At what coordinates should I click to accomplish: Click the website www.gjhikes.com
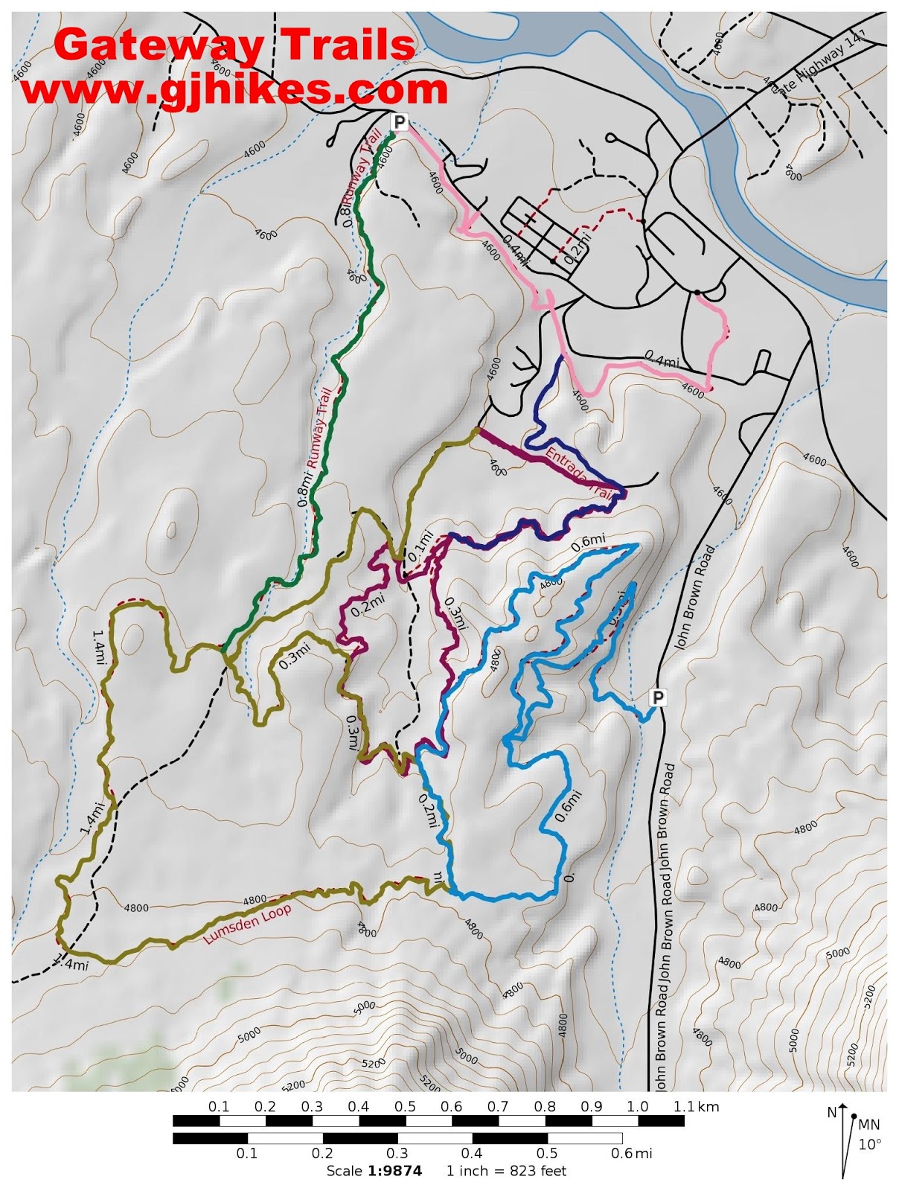(234, 89)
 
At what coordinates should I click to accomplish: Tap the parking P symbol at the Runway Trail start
(400, 122)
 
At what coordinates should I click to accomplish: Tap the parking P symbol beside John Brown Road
(658, 697)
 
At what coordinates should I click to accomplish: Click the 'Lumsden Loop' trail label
(247, 924)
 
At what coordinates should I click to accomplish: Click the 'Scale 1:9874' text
(374, 1171)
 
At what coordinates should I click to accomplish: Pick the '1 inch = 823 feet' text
(506, 1171)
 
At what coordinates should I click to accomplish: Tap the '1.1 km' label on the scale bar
(696, 1107)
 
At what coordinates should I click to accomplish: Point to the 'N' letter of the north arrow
(832, 1113)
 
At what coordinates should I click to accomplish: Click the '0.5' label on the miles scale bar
(547, 1154)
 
